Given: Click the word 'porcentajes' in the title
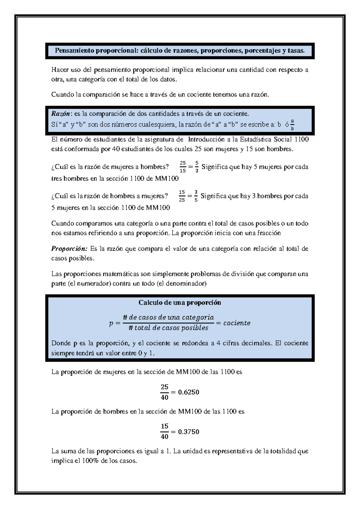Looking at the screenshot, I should point(262,51).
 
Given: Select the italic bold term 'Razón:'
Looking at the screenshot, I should point(61,114).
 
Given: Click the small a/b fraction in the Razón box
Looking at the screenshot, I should point(292,125).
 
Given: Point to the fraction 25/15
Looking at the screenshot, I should point(183,167).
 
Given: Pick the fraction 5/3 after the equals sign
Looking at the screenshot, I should point(196,167).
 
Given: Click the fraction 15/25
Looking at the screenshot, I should point(182,196).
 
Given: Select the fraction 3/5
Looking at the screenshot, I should point(196,196).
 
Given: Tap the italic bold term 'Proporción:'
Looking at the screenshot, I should point(69,249).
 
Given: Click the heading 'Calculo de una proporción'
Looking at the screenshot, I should point(180,303).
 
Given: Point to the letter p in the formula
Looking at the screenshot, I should point(111,324).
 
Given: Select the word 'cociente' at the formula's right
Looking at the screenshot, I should point(237,323).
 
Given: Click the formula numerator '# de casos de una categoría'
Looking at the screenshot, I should point(168,318).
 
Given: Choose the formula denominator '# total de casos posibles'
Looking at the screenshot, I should point(168,328).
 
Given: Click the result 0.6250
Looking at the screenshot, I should point(188,392).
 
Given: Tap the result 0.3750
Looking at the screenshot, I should point(188,432).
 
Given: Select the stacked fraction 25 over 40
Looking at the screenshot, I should point(164,392).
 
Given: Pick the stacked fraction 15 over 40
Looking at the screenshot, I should point(164,432).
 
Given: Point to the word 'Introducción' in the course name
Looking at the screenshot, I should point(206,140).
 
